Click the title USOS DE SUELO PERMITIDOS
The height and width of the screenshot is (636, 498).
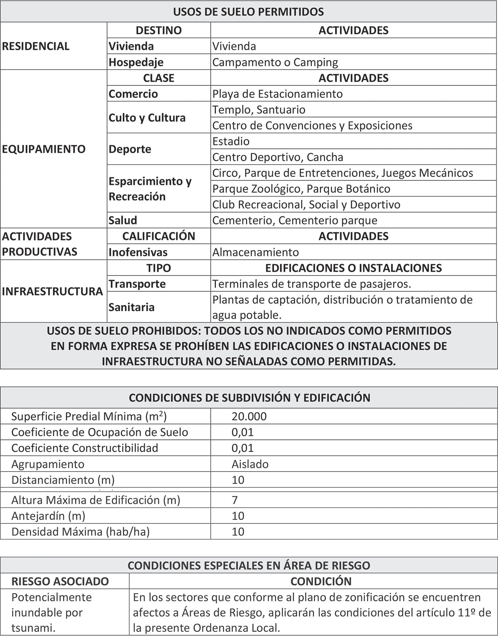point(248,12)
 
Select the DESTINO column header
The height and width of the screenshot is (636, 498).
point(159,30)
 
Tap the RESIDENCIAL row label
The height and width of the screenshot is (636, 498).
point(36,46)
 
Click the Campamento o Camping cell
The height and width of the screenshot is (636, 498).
point(275,62)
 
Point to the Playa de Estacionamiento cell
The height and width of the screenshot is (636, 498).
point(277,94)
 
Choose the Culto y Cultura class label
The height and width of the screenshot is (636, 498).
point(147,118)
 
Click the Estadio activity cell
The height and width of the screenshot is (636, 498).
point(231,141)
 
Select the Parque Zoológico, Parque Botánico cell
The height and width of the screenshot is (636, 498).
point(301,189)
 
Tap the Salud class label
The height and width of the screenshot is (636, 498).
point(123,220)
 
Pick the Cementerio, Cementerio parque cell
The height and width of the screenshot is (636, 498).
point(294,220)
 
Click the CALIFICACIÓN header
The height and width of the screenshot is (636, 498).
point(159,236)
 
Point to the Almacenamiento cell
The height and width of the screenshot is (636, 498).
point(255,252)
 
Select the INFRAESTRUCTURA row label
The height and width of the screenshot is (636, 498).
point(52,291)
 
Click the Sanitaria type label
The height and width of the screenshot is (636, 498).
point(131,307)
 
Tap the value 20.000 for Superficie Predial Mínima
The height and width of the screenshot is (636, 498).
point(249,417)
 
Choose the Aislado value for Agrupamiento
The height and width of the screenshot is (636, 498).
point(250,464)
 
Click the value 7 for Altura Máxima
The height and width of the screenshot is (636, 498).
point(235,500)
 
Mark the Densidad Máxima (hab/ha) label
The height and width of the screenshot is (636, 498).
point(80,532)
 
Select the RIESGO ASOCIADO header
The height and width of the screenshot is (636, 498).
point(60,581)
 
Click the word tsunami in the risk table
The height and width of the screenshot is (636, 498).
point(33,628)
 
